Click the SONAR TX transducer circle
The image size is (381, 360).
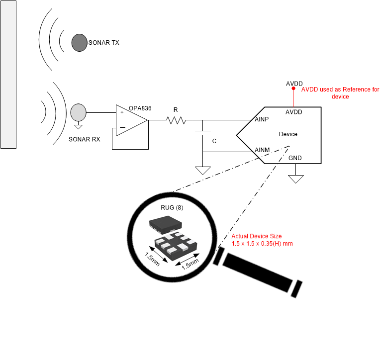click(79, 43)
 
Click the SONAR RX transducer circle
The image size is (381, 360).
click(78, 112)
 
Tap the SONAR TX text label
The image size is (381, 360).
click(103, 43)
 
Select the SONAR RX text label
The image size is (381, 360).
click(84, 139)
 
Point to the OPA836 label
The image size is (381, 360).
click(140, 108)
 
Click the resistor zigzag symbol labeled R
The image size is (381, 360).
click(176, 120)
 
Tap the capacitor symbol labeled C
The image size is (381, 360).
click(202, 133)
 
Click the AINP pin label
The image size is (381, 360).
click(262, 120)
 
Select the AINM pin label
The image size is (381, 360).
click(262, 150)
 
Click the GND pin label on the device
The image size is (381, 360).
click(295, 158)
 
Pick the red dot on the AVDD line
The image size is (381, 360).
click(294, 89)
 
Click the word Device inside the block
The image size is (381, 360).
click(288, 134)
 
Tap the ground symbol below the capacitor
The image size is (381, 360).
click(202, 170)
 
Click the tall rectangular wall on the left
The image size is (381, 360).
click(8, 74)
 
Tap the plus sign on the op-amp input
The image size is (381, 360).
click(122, 112)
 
